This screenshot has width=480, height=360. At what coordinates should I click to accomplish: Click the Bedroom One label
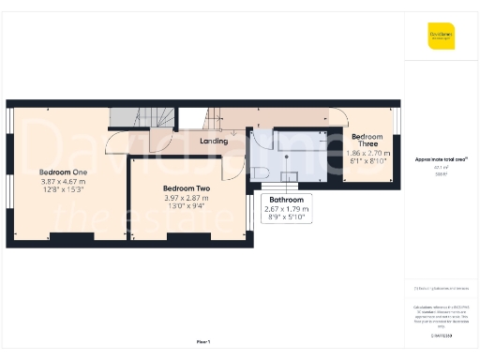(63, 172)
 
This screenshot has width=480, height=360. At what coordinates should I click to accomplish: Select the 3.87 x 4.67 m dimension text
(63, 181)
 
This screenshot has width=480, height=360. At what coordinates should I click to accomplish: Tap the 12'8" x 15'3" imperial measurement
(63, 190)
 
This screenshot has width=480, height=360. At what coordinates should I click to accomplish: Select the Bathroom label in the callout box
(286, 200)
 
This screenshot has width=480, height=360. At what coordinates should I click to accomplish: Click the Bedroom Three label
(367, 141)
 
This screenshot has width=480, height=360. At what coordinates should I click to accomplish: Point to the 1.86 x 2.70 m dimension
(367, 152)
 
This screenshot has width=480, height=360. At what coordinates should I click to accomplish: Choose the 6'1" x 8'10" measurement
(367, 160)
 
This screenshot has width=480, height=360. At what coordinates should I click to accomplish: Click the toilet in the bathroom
(262, 170)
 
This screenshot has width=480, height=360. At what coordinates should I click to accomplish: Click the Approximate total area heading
(441, 160)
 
